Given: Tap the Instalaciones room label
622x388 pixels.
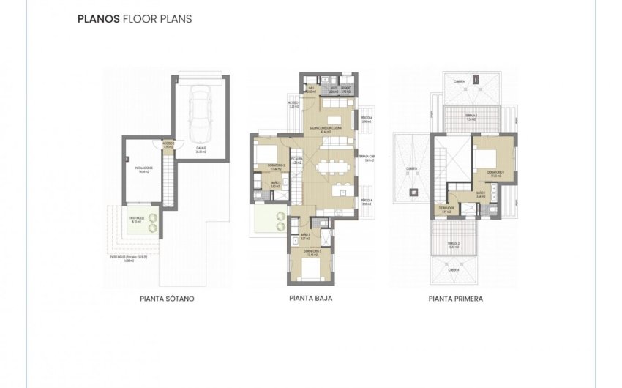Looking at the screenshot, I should coord(143,170).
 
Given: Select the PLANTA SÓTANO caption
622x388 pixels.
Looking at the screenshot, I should coord(167,299).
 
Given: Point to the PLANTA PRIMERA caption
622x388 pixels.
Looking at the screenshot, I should coord(455,299).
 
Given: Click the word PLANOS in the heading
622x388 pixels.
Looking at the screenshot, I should coord(97,19).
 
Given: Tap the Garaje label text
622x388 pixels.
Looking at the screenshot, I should coord(200,149).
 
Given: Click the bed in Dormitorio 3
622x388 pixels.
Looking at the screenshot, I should coord(311,270).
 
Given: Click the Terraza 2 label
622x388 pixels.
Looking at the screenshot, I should coord(456,245).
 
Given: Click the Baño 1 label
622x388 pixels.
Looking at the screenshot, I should coord(481,194).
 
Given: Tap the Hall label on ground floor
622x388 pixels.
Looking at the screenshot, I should coord(310,92).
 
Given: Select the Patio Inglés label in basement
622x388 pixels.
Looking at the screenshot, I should coord(136,220).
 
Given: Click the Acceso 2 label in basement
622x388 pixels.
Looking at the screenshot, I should coord(168,145).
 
